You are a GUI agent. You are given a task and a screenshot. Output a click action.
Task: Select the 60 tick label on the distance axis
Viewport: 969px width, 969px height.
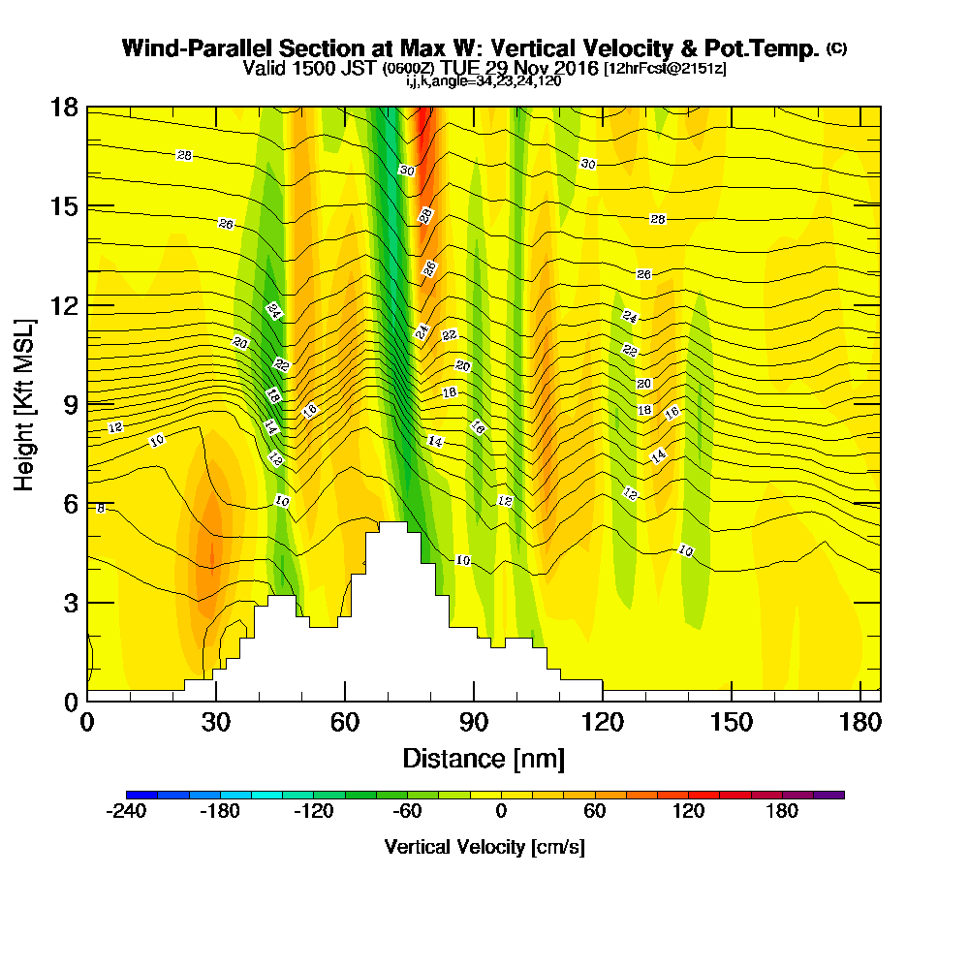(x=344, y=722)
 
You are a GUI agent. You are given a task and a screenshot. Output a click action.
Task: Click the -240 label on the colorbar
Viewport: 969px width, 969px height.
(x=125, y=811)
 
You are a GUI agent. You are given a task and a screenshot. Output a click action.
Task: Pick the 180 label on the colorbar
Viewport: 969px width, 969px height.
(x=781, y=811)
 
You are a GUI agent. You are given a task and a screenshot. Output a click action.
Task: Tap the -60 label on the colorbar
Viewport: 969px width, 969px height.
(x=406, y=811)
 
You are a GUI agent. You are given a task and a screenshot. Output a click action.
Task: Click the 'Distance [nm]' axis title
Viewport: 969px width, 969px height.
(x=484, y=757)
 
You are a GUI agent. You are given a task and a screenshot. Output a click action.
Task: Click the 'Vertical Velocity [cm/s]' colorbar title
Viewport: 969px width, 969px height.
(x=484, y=847)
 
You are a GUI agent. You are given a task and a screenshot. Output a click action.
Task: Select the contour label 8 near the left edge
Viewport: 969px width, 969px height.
(x=100, y=508)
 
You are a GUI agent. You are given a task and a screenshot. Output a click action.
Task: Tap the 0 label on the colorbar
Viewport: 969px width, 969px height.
(x=501, y=811)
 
